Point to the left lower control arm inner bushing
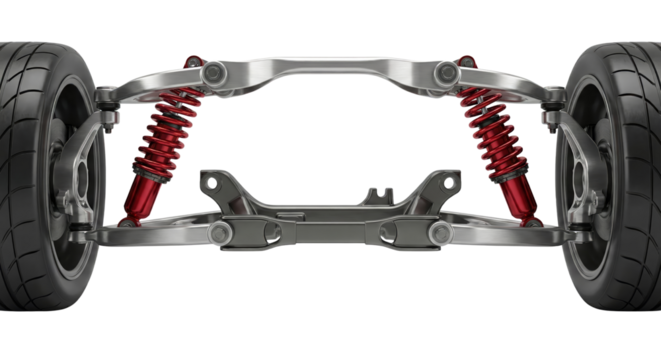(224, 233)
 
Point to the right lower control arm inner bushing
(437, 233)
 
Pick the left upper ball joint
(105, 100)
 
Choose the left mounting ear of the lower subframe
(210, 182)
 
